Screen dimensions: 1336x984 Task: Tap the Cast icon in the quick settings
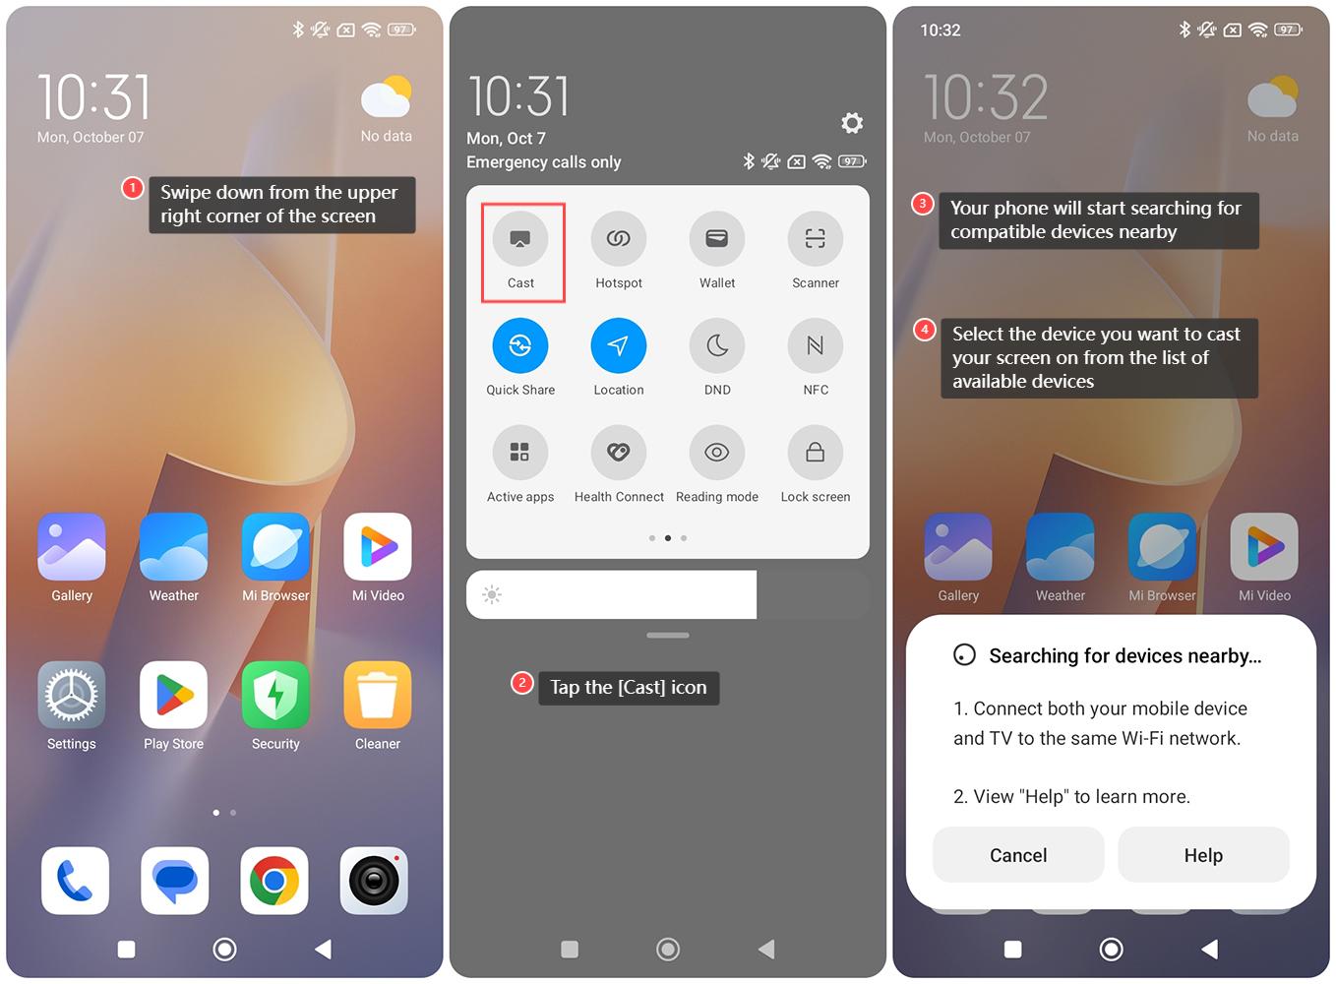pos(520,239)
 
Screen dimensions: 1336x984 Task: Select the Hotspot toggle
pos(619,239)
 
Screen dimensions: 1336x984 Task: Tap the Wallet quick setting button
pos(717,239)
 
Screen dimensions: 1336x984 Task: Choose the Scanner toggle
pos(816,239)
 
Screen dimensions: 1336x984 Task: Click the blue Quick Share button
pos(520,345)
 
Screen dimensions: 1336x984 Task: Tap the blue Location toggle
pos(619,345)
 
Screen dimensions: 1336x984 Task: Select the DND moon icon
pos(717,345)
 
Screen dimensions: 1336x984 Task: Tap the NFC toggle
pos(816,345)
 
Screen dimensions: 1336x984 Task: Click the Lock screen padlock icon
pos(816,453)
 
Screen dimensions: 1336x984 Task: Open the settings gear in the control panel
pos(852,123)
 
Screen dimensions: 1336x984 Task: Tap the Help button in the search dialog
pos(1203,855)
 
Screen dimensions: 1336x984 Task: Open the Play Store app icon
pos(173,695)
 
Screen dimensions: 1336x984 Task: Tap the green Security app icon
pos(275,695)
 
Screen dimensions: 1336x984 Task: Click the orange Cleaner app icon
pos(378,695)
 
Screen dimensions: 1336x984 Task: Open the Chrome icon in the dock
pos(274,881)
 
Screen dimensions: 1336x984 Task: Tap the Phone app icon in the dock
pos(75,881)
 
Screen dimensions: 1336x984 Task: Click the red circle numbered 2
pos(521,683)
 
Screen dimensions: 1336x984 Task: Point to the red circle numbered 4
pos(925,330)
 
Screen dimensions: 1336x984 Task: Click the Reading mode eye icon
pos(717,453)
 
